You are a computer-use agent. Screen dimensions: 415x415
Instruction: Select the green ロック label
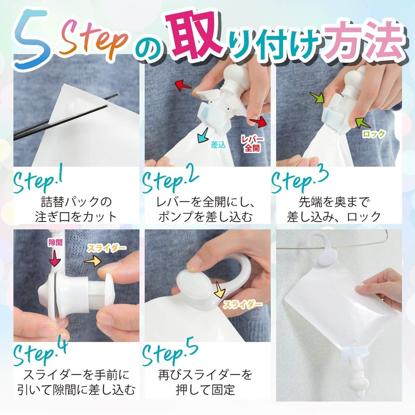[374, 134]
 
